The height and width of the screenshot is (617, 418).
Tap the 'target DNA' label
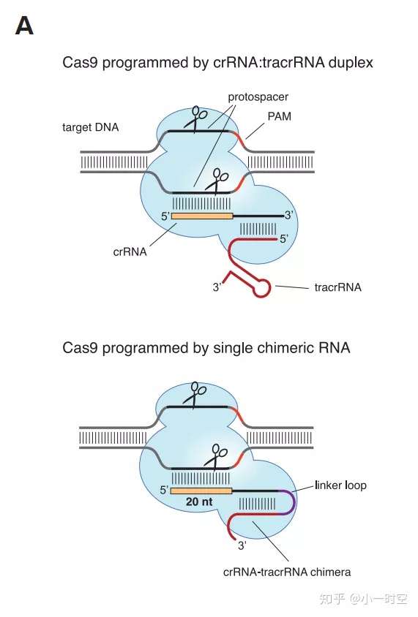pos(91,127)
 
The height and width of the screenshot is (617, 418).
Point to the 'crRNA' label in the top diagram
pos(131,251)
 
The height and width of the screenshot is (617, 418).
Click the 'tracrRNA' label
pos(337,287)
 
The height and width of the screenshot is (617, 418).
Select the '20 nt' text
pos(201,503)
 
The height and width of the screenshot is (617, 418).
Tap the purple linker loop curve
pos(294,501)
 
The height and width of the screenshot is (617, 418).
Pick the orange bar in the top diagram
pos(201,216)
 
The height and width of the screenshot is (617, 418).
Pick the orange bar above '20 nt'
pos(201,490)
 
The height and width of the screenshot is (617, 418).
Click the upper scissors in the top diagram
pos(195,118)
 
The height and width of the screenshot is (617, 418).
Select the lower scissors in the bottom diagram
pos(217,454)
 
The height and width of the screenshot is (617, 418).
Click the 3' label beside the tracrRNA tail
pos(217,288)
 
